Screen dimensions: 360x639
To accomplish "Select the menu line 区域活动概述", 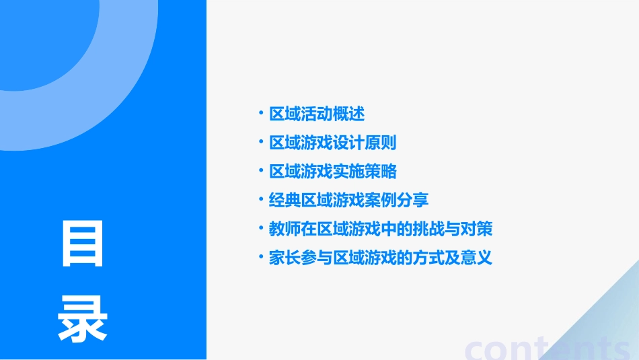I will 317,114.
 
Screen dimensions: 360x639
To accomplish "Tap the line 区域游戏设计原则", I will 333,143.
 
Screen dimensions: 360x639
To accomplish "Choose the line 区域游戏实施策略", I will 333,172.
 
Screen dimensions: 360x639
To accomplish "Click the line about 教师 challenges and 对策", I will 381,229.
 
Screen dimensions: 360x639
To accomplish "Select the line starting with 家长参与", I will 381,258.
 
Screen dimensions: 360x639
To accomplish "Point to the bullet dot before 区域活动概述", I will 261,114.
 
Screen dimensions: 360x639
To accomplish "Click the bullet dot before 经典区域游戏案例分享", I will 261,200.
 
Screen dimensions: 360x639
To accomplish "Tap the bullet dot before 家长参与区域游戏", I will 261,258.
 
